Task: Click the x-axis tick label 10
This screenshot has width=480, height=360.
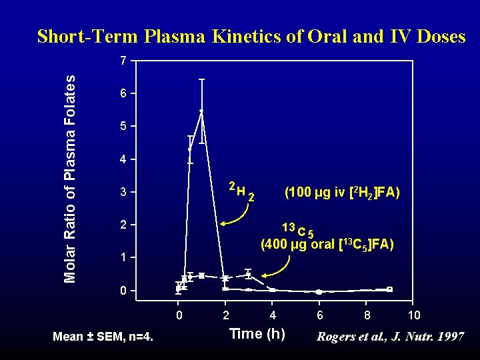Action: click(x=413, y=315)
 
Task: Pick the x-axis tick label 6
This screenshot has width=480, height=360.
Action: click(x=320, y=315)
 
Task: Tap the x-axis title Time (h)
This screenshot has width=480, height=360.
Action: click(x=257, y=334)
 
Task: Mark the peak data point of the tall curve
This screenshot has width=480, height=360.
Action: click(x=201, y=111)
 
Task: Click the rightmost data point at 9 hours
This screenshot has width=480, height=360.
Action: click(x=390, y=289)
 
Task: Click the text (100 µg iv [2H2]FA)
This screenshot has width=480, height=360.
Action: click(x=342, y=193)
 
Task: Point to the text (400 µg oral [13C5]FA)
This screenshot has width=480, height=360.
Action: click(x=327, y=244)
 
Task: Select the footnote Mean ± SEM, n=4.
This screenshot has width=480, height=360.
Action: click(x=103, y=337)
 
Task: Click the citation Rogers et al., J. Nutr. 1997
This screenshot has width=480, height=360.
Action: click(x=391, y=337)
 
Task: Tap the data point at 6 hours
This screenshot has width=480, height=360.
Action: click(x=319, y=292)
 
